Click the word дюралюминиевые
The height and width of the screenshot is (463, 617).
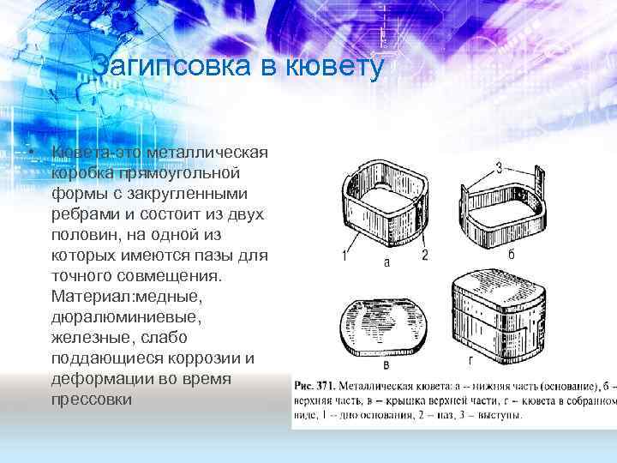128,317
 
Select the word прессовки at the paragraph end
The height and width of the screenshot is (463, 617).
93,400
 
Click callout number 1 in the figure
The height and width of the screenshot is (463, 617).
344,255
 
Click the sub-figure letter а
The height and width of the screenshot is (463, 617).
386,262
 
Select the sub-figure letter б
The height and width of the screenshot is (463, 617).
511,256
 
